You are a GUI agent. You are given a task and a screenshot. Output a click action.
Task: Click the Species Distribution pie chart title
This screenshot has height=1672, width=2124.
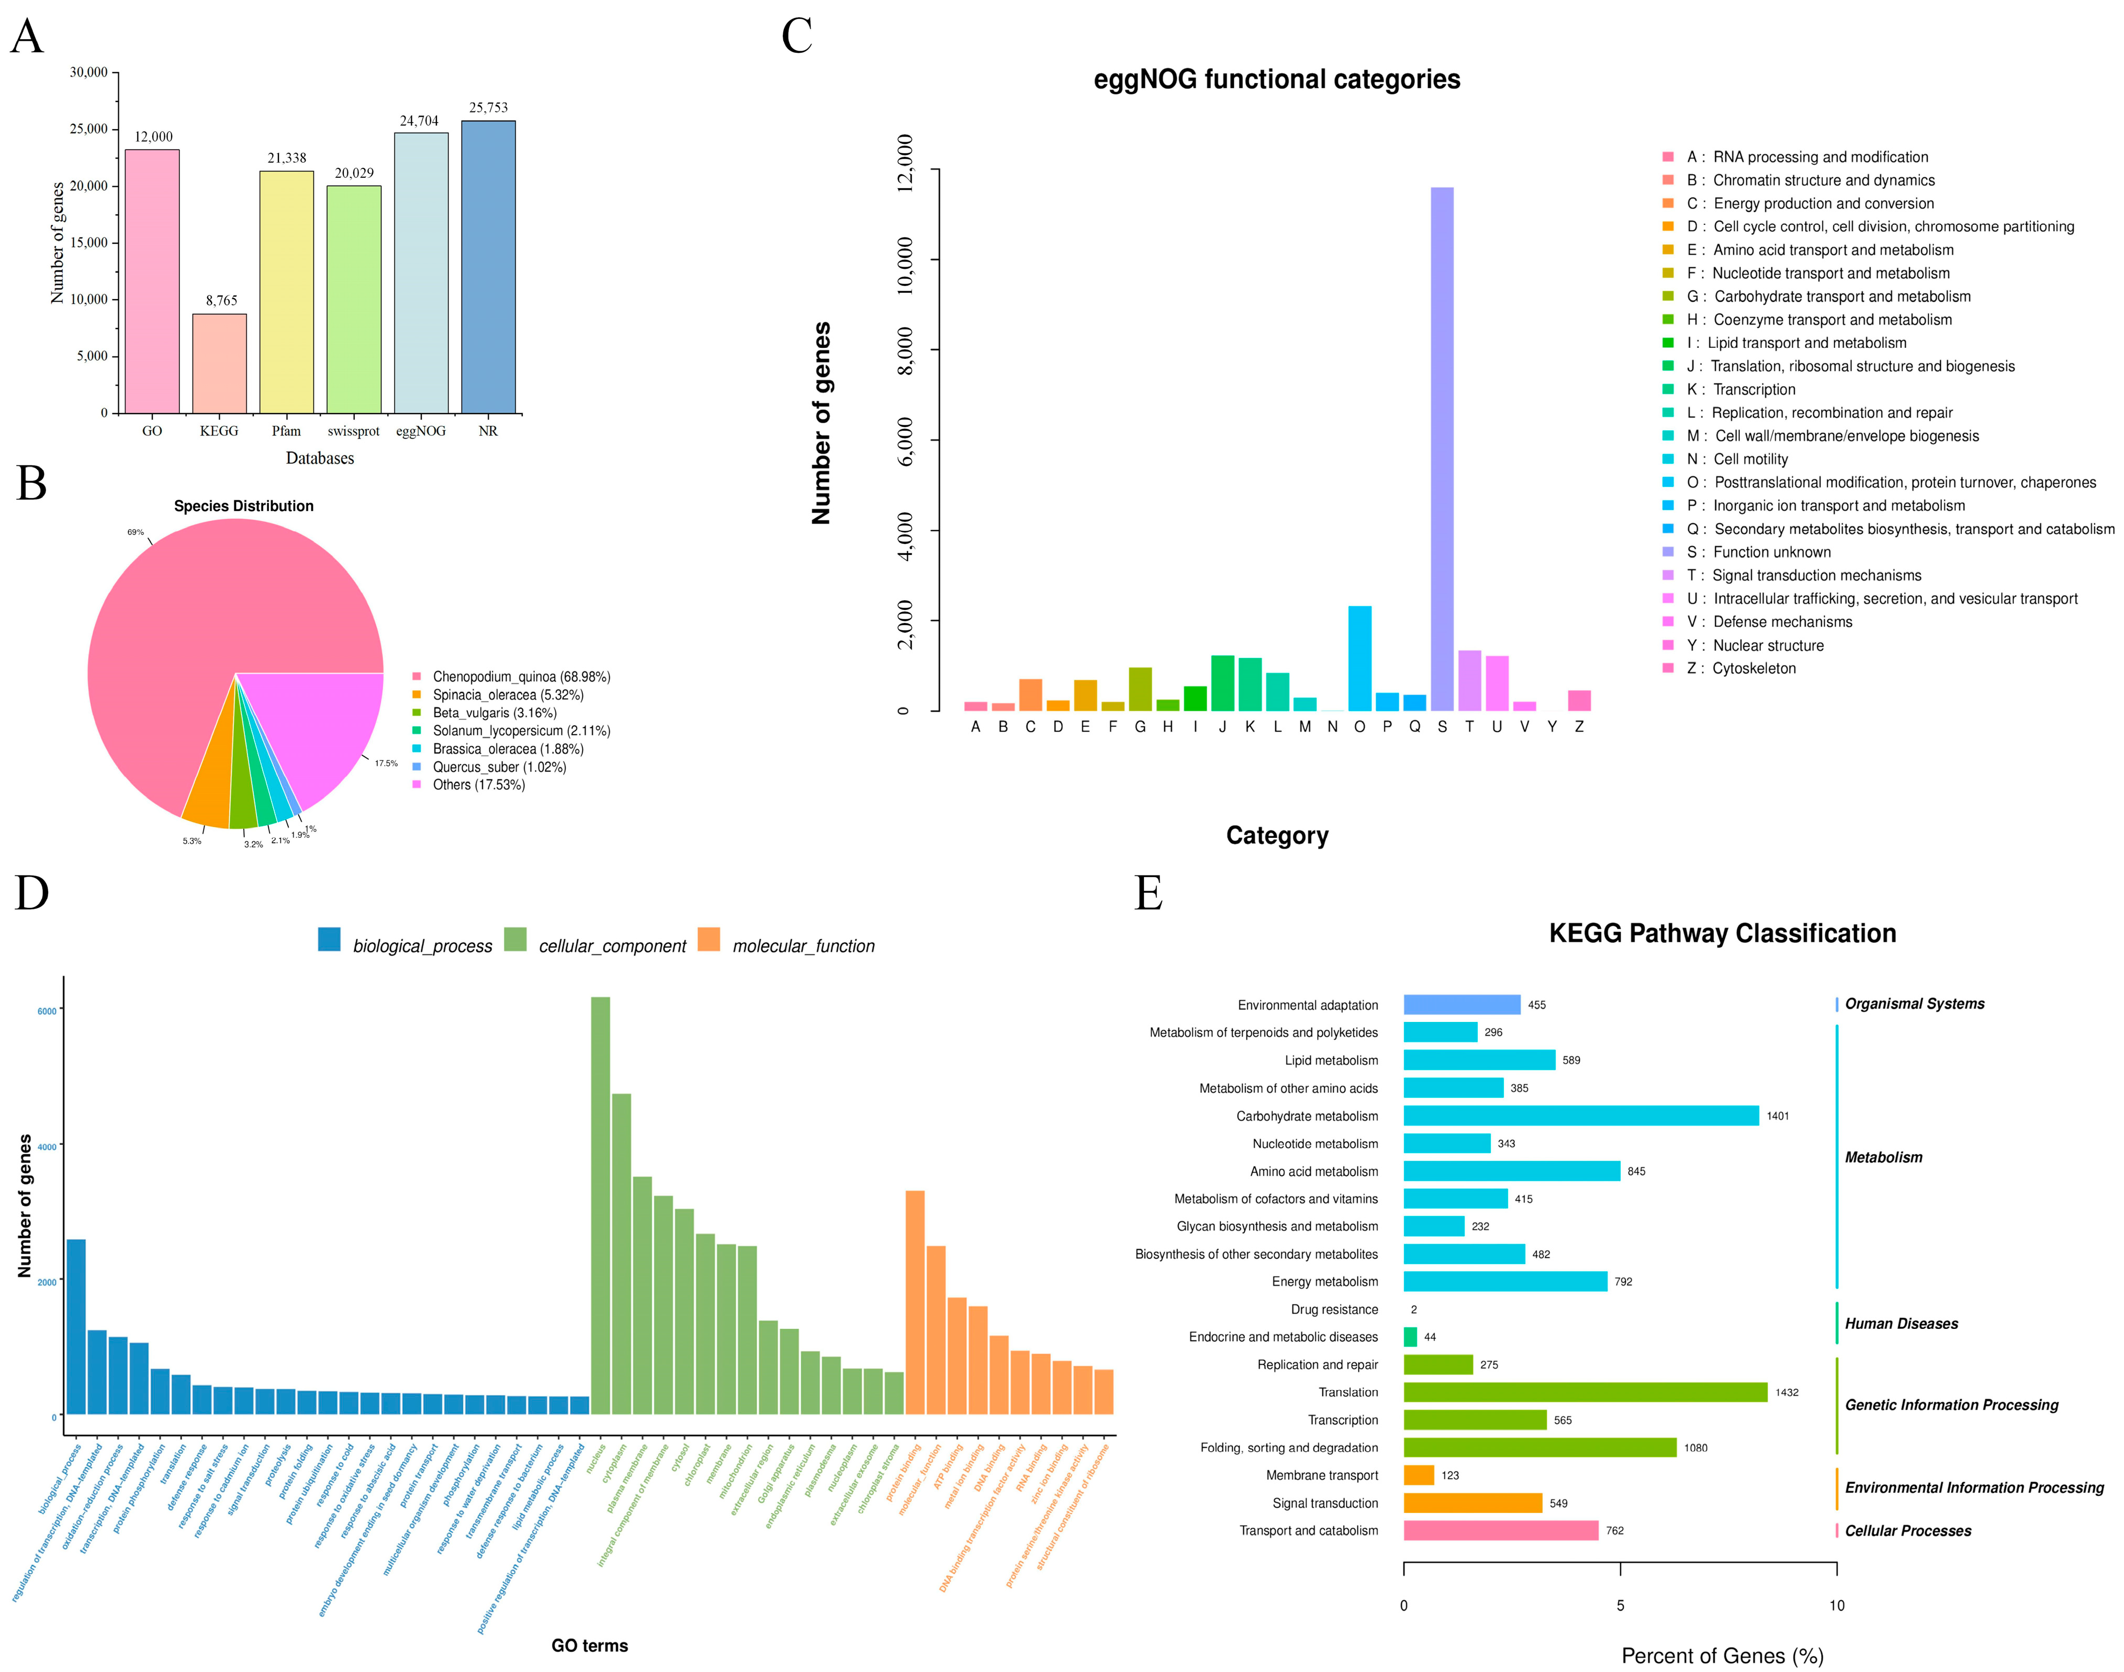tap(244, 506)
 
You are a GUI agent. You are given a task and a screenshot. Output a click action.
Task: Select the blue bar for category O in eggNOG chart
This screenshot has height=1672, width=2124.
tap(1359, 658)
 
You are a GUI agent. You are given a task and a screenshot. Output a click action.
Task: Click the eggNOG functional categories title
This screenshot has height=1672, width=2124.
tap(1276, 79)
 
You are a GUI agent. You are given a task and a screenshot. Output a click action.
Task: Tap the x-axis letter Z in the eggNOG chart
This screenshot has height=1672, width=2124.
tap(1579, 726)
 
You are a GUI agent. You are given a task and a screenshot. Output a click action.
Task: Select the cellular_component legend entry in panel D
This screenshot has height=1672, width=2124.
tap(611, 946)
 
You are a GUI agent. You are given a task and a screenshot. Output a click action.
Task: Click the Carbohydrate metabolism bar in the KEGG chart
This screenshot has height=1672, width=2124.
tap(1580, 1116)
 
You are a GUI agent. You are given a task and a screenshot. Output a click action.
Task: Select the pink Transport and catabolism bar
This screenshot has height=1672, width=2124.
tap(1500, 1530)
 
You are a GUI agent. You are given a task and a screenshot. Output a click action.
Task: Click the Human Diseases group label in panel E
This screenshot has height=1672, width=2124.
tap(1901, 1324)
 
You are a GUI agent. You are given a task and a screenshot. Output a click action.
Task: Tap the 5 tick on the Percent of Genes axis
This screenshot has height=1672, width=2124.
tap(1620, 1606)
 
